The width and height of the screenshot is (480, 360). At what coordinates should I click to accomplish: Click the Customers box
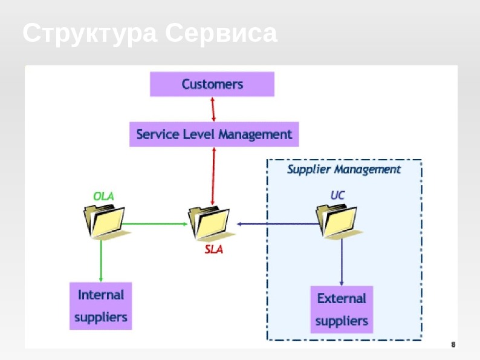(x=212, y=84)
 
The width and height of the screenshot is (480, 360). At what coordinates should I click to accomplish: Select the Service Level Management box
(x=214, y=134)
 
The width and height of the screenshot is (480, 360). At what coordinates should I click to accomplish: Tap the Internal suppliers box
(x=100, y=306)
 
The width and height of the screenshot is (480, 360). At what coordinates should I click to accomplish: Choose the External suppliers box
(x=342, y=309)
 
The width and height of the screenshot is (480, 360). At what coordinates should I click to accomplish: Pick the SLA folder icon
(x=208, y=224)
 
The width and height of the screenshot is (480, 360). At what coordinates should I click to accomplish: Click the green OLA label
(x=103, y=195)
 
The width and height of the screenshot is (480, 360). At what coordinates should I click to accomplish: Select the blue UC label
(x=337, y=195)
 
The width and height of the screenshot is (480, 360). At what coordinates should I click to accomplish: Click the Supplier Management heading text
(x=343, y=169)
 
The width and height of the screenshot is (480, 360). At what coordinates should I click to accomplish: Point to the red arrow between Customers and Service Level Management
(x=213, y=109)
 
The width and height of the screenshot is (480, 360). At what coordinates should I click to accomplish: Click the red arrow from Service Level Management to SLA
(x=213, y=175)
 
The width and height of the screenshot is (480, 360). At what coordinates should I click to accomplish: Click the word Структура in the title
(x=89, y=33)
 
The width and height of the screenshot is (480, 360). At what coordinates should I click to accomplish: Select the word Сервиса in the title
(x=221, y=33)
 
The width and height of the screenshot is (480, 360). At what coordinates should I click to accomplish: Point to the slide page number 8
(x=453, y=344)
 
